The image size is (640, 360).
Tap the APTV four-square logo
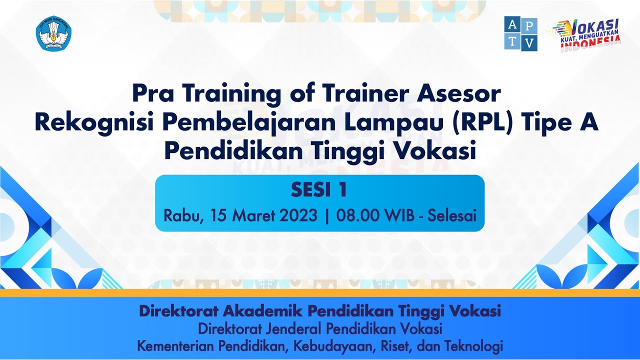click(520, 33)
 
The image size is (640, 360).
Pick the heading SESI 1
click(319, 190)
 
